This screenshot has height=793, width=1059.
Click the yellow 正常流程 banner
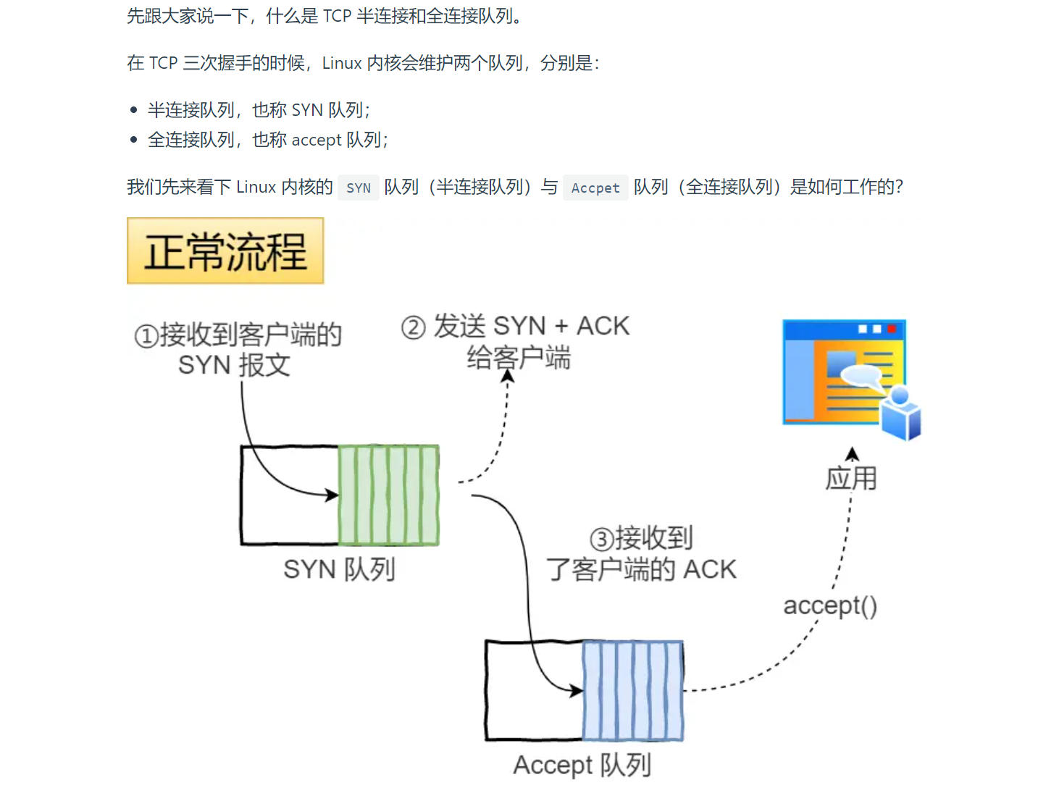225,251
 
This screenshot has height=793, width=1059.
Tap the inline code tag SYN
359,188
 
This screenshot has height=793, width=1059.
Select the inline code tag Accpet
595,188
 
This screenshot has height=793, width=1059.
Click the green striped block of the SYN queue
389,495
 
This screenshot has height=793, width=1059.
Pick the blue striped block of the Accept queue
633,691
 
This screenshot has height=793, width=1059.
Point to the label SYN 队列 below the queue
339,569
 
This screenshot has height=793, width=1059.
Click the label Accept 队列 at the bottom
582,765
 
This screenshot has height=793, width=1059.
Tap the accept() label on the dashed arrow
830,605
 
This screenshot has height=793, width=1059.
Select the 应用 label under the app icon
851,478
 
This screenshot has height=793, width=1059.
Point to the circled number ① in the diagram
146,336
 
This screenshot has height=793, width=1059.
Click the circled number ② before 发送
413,327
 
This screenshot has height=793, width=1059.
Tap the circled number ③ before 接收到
602,540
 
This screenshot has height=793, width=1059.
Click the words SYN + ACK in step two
561,326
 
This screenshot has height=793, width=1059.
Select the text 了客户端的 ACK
641,569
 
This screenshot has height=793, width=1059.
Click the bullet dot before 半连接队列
133,110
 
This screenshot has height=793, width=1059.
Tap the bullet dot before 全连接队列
133,140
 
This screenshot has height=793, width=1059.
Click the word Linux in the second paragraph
342,64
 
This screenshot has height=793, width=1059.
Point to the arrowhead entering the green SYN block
332,495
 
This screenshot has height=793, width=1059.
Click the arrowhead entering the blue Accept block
577,691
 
